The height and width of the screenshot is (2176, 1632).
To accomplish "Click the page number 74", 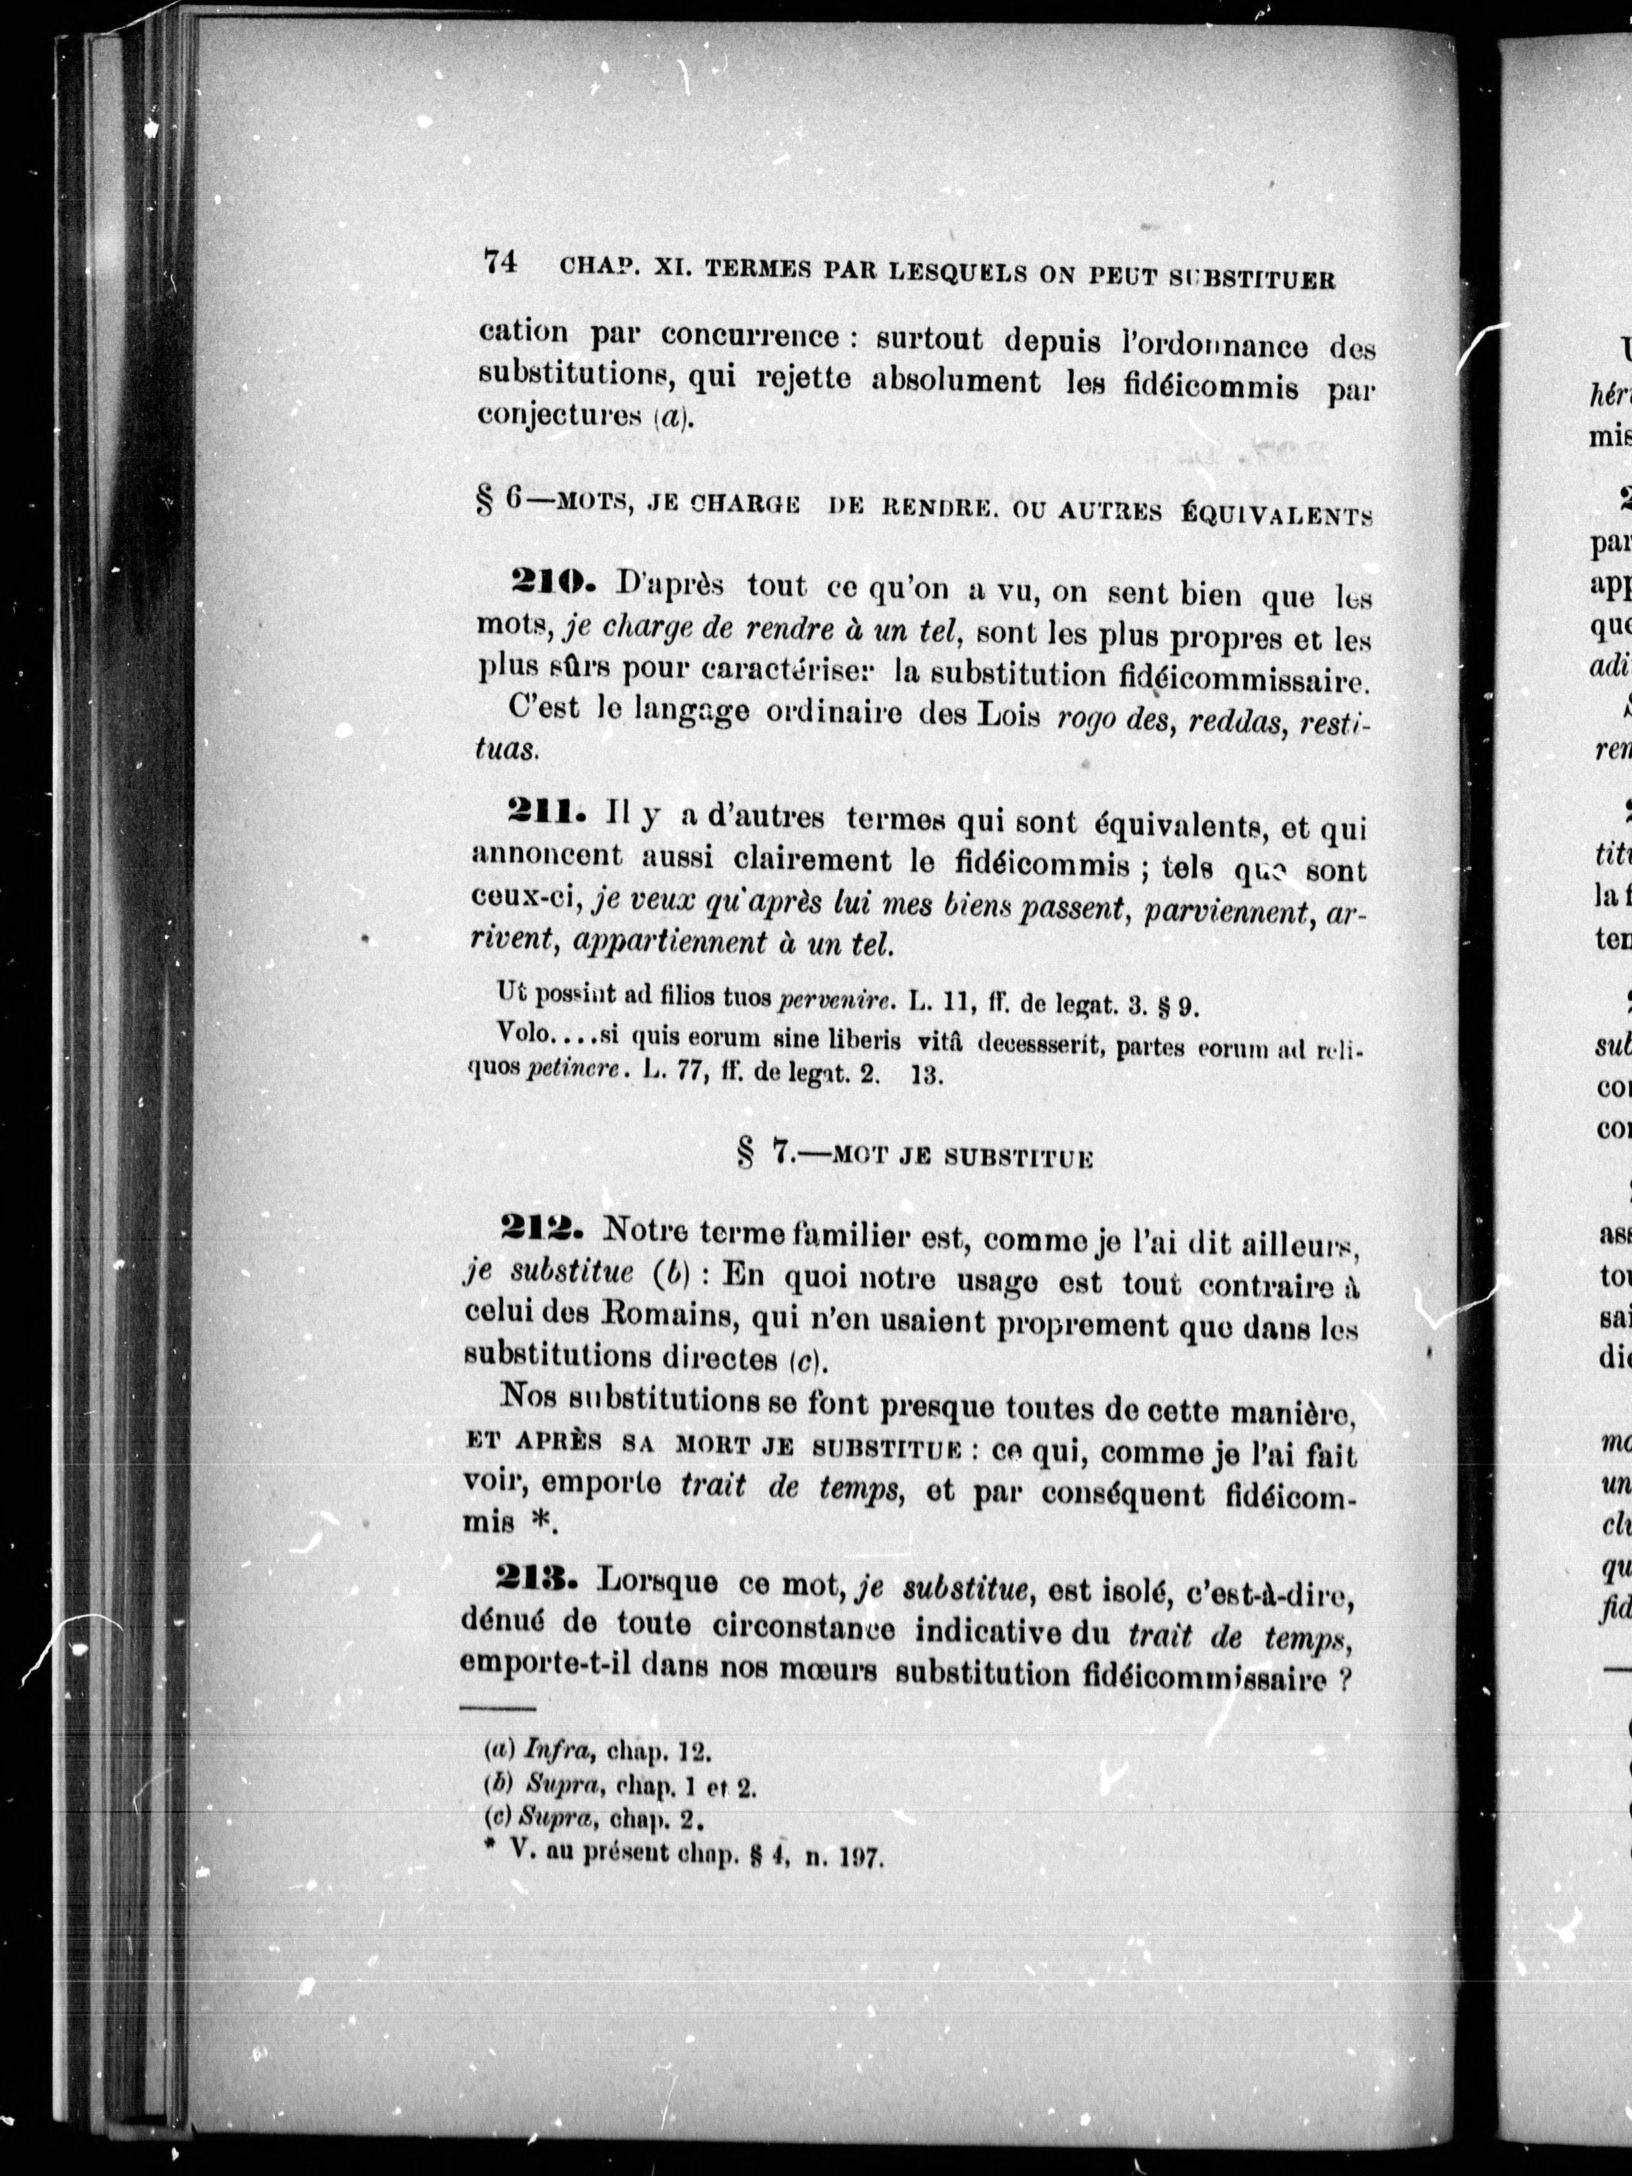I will (x=501, y=263).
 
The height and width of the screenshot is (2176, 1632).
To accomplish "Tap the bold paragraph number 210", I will (x=551, y=583).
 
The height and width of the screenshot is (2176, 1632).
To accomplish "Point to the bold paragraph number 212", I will (x=542, y=1229).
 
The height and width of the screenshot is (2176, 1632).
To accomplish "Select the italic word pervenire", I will (x=835, y=1003).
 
